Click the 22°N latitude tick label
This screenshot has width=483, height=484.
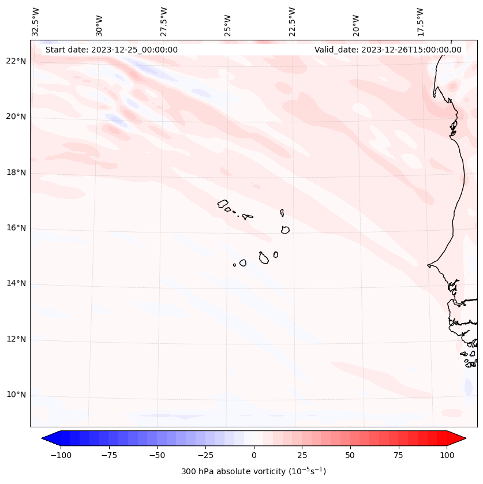(17, 61)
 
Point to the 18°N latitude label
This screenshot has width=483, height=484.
(17, 172)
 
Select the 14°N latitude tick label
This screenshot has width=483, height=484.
(17, 283)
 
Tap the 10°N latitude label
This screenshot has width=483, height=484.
(17, 395)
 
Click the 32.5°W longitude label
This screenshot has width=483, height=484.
(36, 22)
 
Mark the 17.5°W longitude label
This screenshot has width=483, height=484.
(420, 22)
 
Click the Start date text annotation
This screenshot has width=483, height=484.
(111, 50)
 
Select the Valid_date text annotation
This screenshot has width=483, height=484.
(388, 50)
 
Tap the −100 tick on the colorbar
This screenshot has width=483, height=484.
(60, 455)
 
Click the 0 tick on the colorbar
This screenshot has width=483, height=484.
(254, 455)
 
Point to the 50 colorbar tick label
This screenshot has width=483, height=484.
(350, 455)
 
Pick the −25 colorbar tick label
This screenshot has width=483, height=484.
(205, 455)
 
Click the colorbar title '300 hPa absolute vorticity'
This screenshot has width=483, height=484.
(253, 471)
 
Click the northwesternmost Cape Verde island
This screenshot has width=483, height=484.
(223, 203)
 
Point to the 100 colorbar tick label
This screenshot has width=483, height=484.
(447, 455)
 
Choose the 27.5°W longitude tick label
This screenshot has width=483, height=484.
(164, 22)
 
